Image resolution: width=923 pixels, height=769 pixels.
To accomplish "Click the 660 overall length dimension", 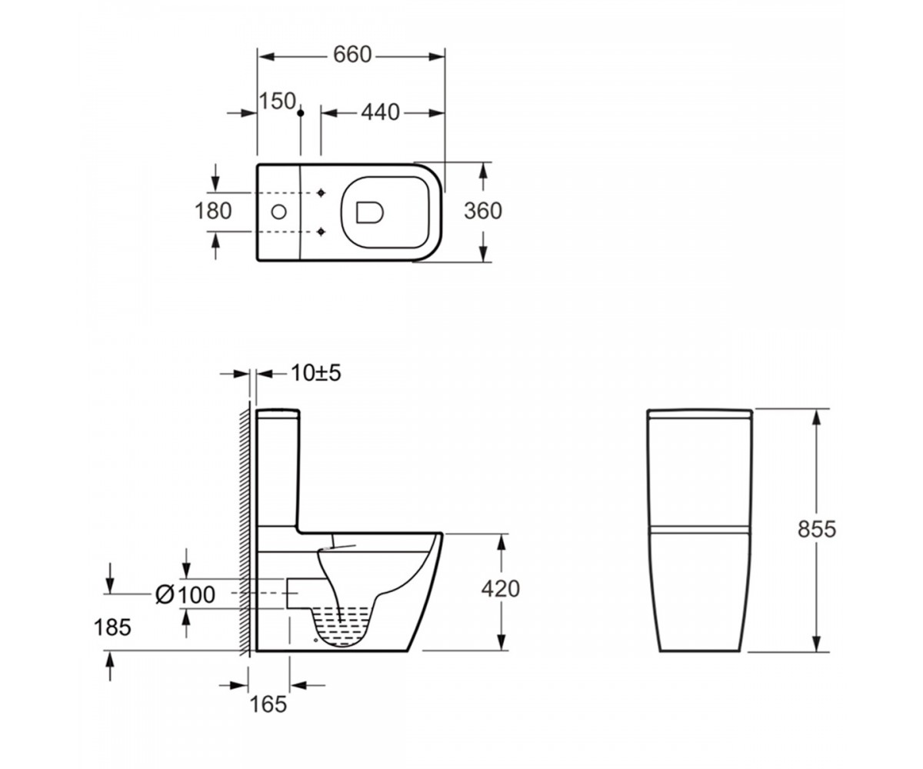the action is [352, 55].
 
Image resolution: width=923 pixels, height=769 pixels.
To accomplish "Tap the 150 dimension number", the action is [277, 102].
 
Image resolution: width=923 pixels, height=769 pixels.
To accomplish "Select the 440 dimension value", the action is [380, 113].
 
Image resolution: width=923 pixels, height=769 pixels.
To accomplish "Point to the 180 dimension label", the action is [213, 211].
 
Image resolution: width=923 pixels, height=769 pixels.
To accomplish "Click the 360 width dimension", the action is [483, 211].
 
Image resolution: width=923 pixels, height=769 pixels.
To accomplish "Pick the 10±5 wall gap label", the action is [316, 373].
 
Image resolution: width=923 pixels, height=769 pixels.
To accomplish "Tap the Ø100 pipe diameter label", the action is [185, 595].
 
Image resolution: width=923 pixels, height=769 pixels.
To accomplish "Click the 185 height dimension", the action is [112, 628].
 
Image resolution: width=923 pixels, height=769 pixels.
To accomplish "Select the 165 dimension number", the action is [268, 704].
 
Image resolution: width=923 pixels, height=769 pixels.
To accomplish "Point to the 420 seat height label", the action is [501, 589].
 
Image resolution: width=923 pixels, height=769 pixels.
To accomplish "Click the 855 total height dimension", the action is [817, 529].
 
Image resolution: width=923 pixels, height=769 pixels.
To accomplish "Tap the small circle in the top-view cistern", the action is [279, 212].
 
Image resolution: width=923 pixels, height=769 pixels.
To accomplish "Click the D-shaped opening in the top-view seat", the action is [369, 212].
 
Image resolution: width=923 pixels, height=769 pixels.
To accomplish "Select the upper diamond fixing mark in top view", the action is [322, 193].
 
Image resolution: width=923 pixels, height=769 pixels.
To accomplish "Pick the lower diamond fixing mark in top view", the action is [322, 231].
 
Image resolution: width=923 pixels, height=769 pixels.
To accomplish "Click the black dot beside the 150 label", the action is [301, 113].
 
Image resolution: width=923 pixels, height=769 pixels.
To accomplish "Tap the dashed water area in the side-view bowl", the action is [341, 624].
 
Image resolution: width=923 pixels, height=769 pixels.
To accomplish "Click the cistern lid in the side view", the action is [278, 414].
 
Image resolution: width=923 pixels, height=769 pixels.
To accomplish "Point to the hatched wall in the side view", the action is [245, 529].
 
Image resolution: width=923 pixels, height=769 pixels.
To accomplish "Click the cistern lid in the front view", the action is [700, 414].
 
